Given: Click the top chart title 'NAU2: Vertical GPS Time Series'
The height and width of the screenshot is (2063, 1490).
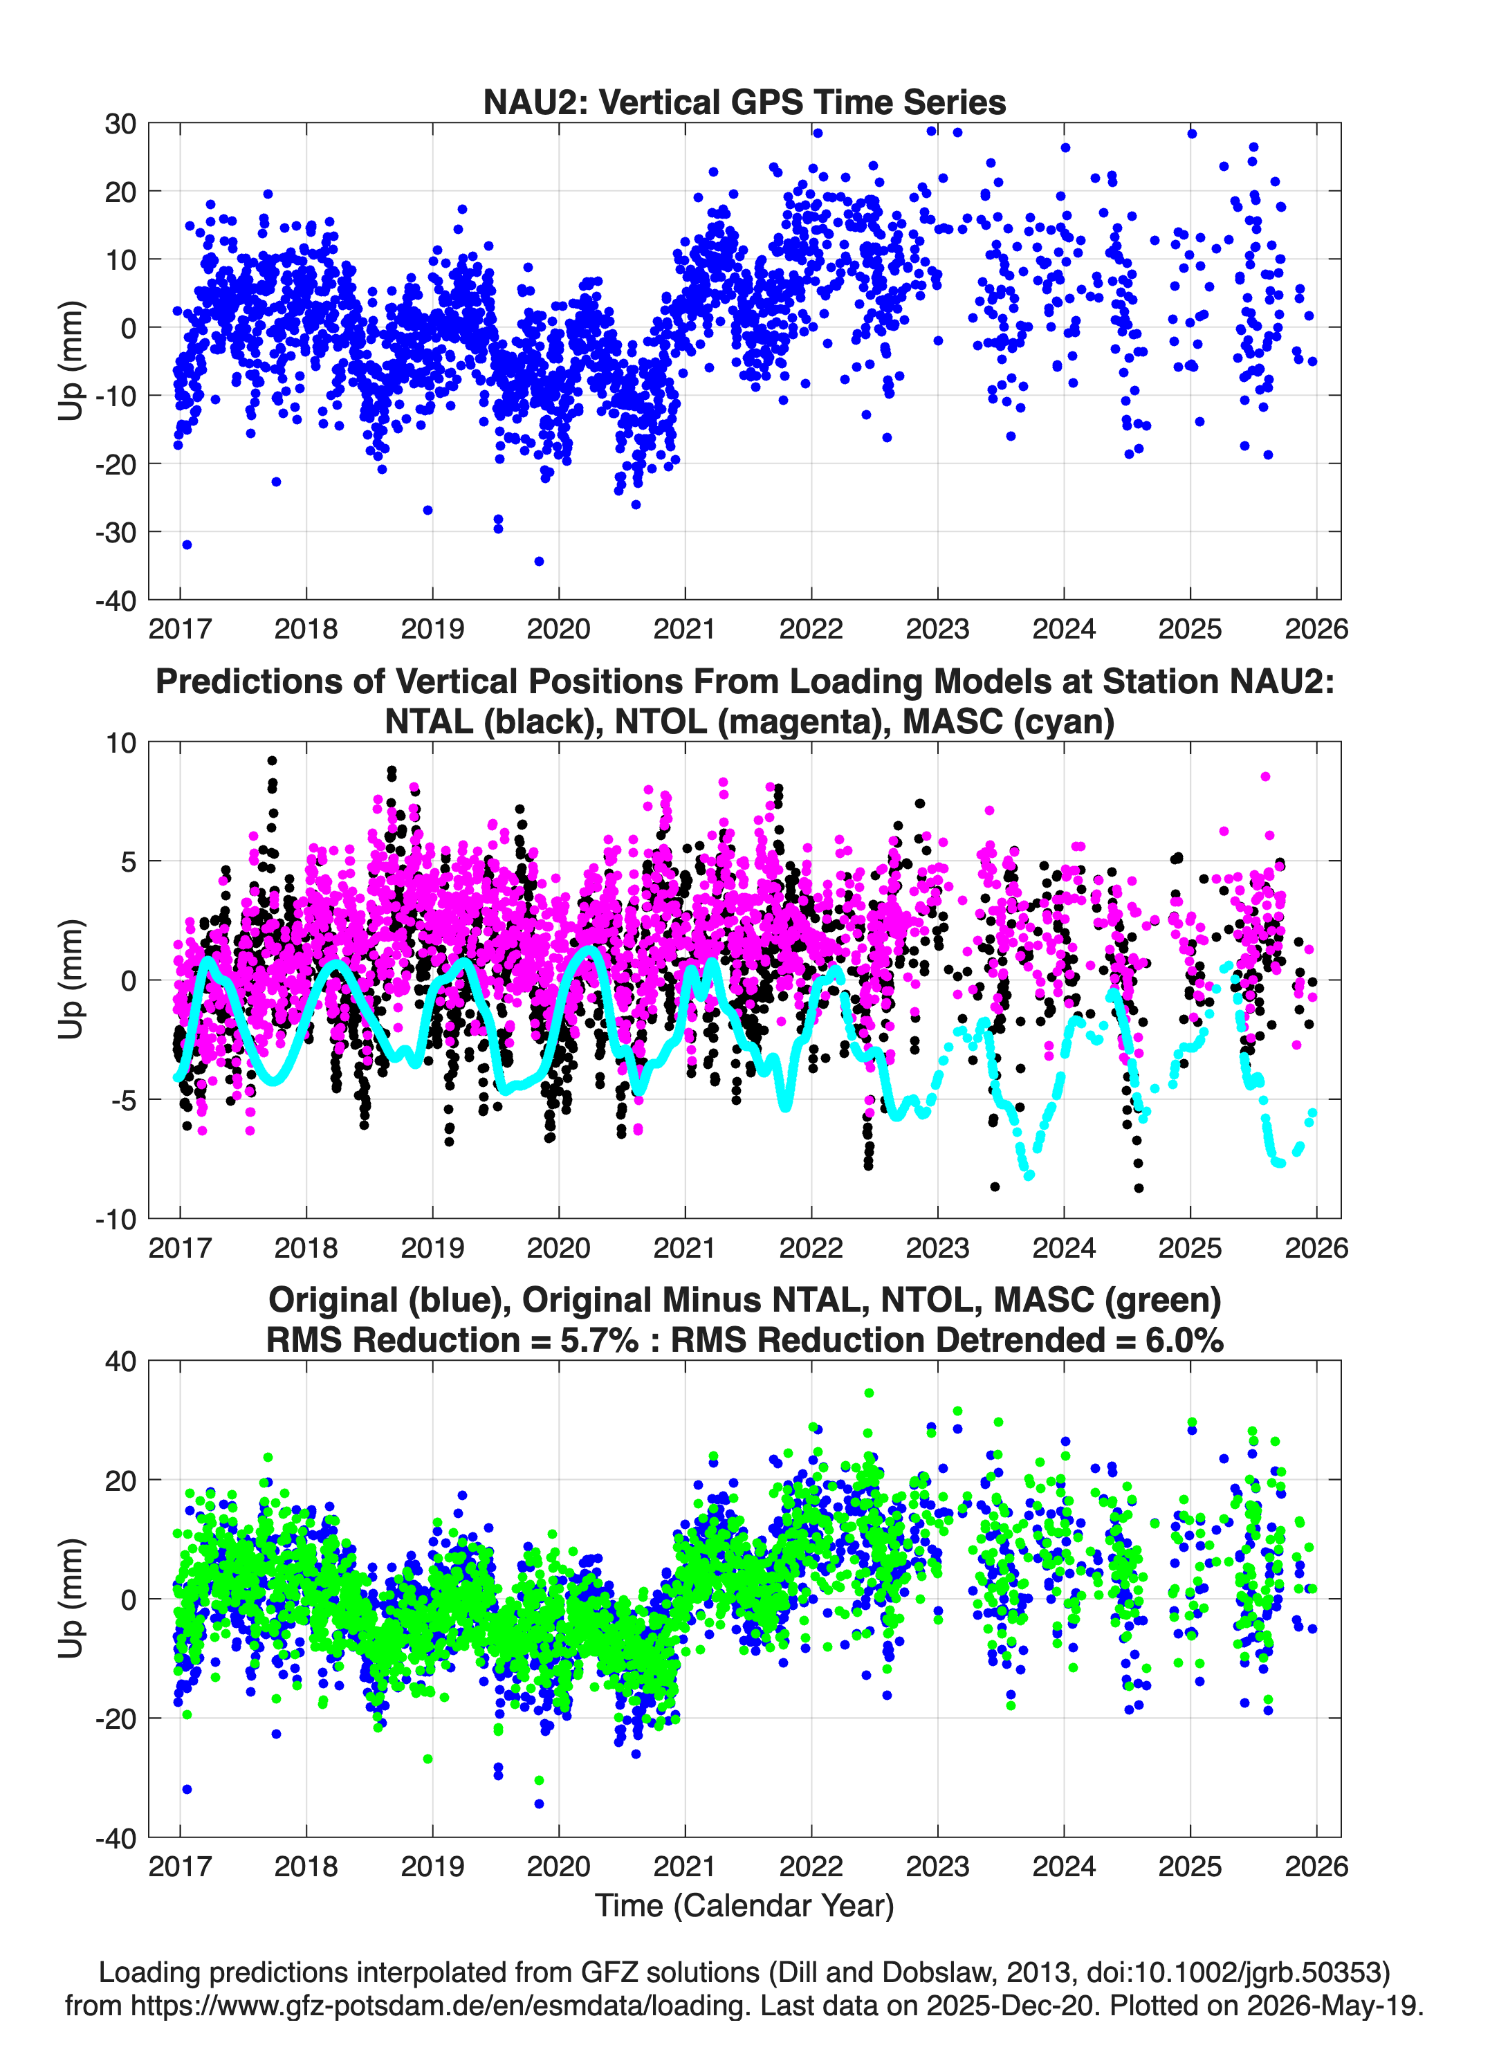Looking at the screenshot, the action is [x=744, y=102].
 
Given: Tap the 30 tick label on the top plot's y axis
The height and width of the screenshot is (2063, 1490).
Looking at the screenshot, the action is [x=120, y=124].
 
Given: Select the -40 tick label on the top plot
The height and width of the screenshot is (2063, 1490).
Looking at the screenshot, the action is [x=116, y=600].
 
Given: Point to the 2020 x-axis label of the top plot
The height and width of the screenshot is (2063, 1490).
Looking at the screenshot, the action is [x=558, y=629].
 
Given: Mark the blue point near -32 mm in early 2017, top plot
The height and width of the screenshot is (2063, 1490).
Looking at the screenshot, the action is [x=187, y=545].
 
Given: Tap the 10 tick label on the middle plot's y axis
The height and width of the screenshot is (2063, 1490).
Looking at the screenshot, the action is [x=121, y=743].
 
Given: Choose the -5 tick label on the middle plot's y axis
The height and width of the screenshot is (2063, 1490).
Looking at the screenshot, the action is [x=122, y=1101].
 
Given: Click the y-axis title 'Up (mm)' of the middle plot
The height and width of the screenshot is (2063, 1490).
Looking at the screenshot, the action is [x=71, y=980].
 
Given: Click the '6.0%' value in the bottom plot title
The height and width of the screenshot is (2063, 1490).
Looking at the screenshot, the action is [x=1184, y=1340].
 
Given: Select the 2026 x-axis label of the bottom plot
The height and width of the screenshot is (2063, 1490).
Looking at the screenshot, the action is [x=1316, y=1867].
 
